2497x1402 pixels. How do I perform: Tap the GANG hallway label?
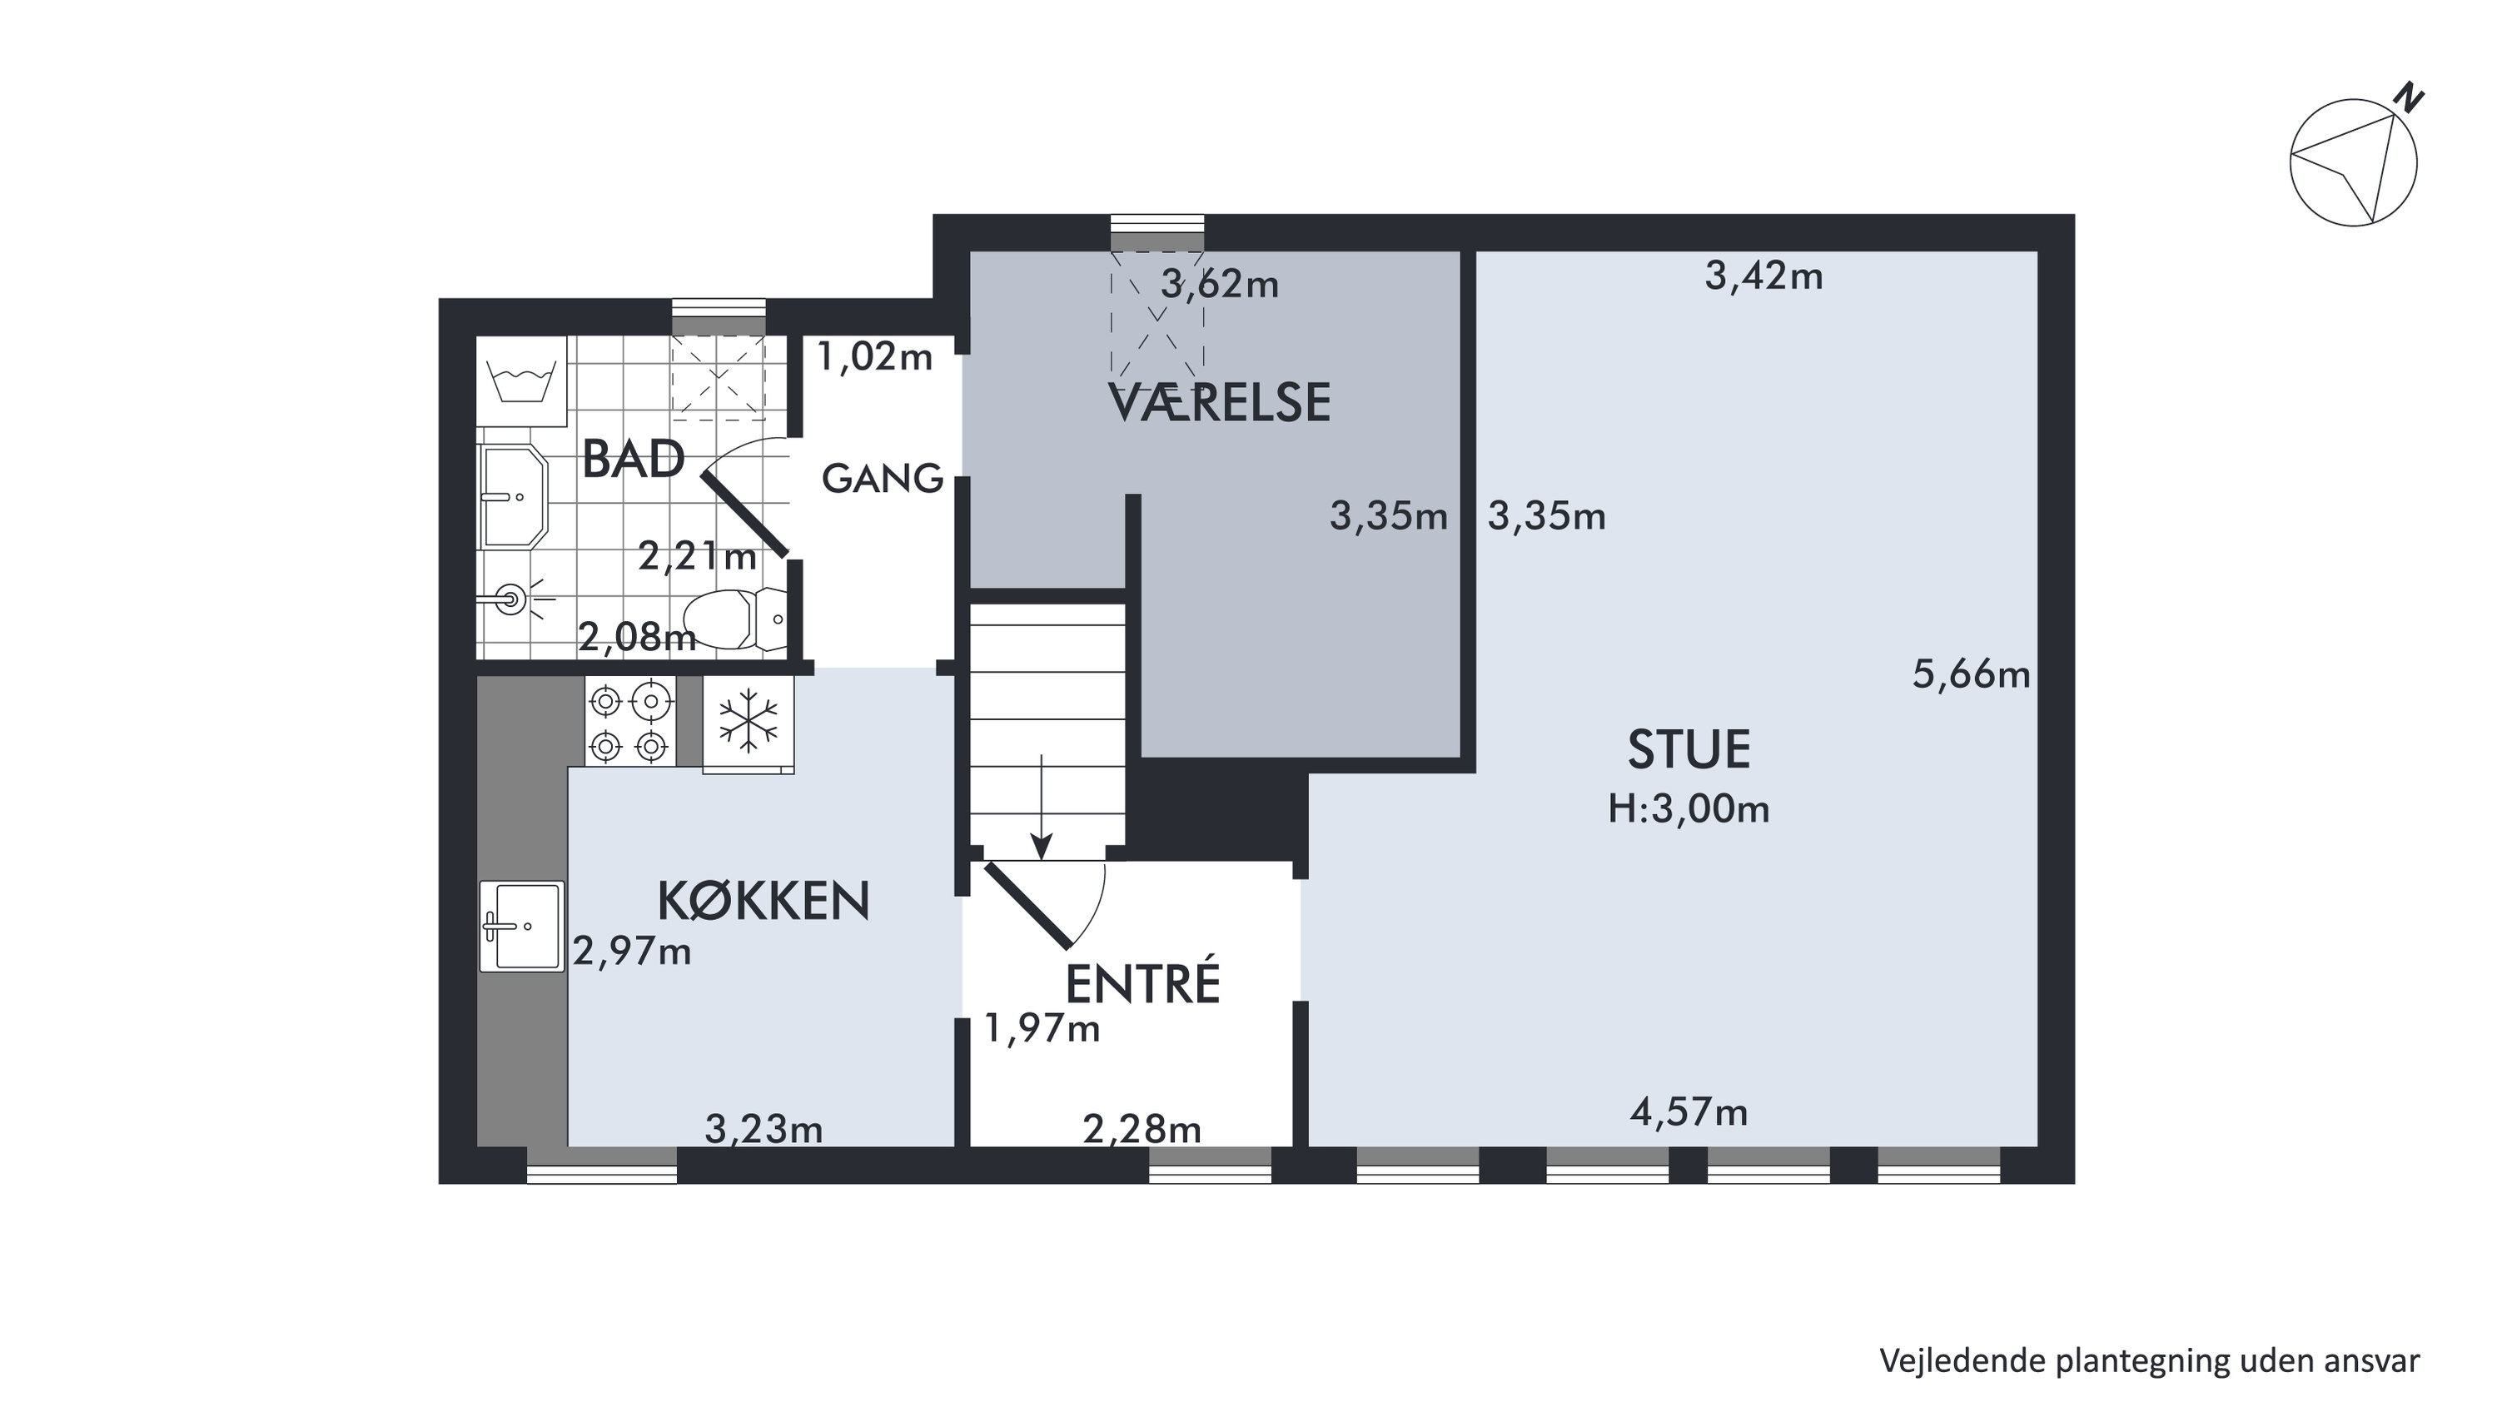[882, 478]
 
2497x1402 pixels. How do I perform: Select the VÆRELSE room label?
[1218, 403]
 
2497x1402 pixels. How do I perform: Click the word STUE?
[1689, 749]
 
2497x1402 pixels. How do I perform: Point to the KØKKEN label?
[763, 901]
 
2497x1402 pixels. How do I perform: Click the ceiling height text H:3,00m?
[1689, 808]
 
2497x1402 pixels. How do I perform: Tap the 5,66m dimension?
[1971, 674]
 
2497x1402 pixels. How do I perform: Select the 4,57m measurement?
[1689, 1112]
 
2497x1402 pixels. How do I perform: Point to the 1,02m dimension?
[874, 357]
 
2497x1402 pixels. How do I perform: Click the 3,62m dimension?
[1220, 284]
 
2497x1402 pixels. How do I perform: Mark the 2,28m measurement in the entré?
[1141, 1130]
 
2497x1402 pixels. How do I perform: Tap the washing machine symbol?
[521, 381]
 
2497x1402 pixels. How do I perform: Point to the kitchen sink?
[521, 926]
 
